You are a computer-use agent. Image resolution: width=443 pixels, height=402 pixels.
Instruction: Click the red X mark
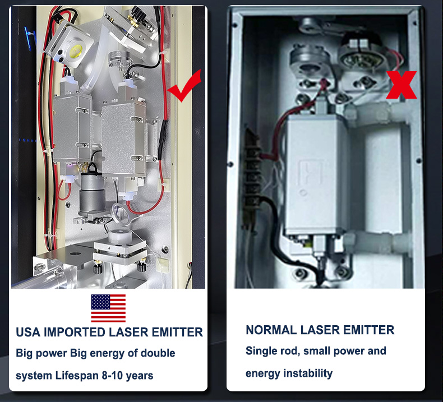401,85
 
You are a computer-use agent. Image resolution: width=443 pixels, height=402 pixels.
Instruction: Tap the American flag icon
108,308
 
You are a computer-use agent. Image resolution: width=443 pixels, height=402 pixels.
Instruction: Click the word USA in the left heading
27,332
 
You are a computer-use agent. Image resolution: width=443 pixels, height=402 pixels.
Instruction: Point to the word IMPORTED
75,332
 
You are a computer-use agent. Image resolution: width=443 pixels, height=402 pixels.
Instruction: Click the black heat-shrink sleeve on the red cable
163,139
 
